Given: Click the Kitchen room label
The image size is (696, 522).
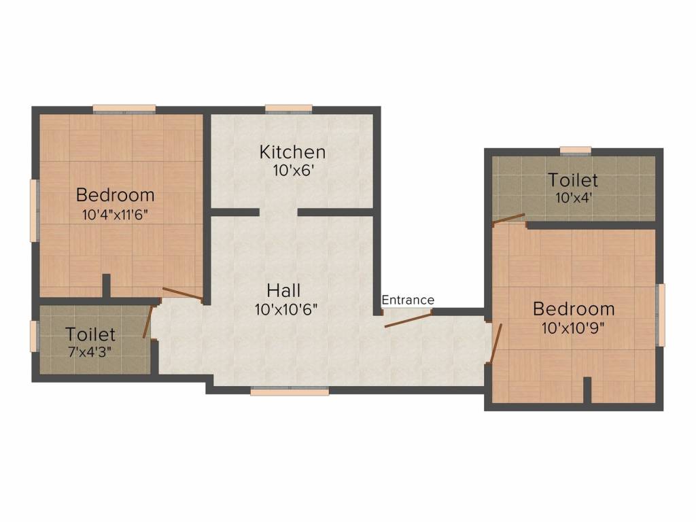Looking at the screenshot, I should tap(292, 152).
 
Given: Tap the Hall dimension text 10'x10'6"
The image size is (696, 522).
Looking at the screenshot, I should tap(286, 309).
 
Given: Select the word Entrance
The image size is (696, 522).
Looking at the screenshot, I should tap(408, 300).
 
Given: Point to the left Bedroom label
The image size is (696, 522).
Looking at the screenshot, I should tap(115, 195).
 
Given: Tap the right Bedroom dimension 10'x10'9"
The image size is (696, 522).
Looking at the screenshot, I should tap(573, 328).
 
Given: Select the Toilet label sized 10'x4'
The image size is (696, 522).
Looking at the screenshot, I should tap(573, 180).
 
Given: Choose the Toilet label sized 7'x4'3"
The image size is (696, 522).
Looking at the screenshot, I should tap(90, 334).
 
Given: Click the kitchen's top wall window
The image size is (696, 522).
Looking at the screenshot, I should tap(288, 108).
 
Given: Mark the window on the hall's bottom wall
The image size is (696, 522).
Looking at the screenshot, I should tap(290, 391).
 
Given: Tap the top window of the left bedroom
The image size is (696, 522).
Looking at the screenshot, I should tap(124, 108).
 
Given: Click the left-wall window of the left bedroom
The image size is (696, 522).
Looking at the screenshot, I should tap(34, 210).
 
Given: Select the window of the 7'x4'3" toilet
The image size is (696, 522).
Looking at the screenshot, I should tap(34, 336).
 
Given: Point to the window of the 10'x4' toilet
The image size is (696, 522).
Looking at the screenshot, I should tap(575, 151).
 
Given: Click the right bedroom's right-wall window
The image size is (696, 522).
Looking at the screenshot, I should tap(661, 315).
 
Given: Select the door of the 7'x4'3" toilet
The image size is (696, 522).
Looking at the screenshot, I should tap(147, 321).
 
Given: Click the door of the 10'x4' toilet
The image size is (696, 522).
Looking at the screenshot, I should tap(509, 218).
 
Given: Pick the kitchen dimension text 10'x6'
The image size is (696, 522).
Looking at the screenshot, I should tap(292, 171).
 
